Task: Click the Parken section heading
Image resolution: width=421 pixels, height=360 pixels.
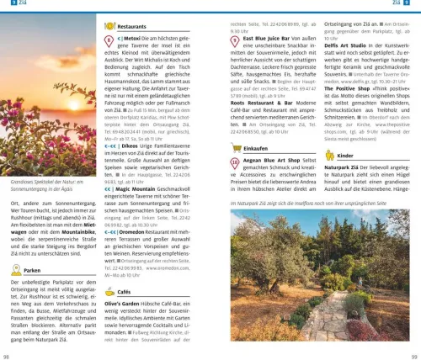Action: coord(34,271)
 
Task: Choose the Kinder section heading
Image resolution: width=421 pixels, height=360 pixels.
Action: coord(346,156)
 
